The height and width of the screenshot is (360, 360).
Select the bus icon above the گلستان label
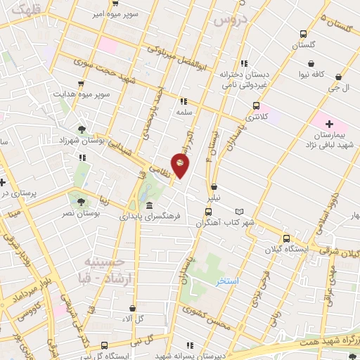coord(302,33)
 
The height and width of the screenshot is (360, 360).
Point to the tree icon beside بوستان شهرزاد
coord(83,129)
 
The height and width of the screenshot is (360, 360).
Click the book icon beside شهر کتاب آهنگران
coord(239,212)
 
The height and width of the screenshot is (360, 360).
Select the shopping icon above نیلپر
coord(214,187)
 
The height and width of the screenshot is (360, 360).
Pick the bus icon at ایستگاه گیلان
coord(285,238)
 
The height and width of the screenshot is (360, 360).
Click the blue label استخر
coord(227,281)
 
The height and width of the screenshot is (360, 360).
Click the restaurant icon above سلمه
coord(184,101)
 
